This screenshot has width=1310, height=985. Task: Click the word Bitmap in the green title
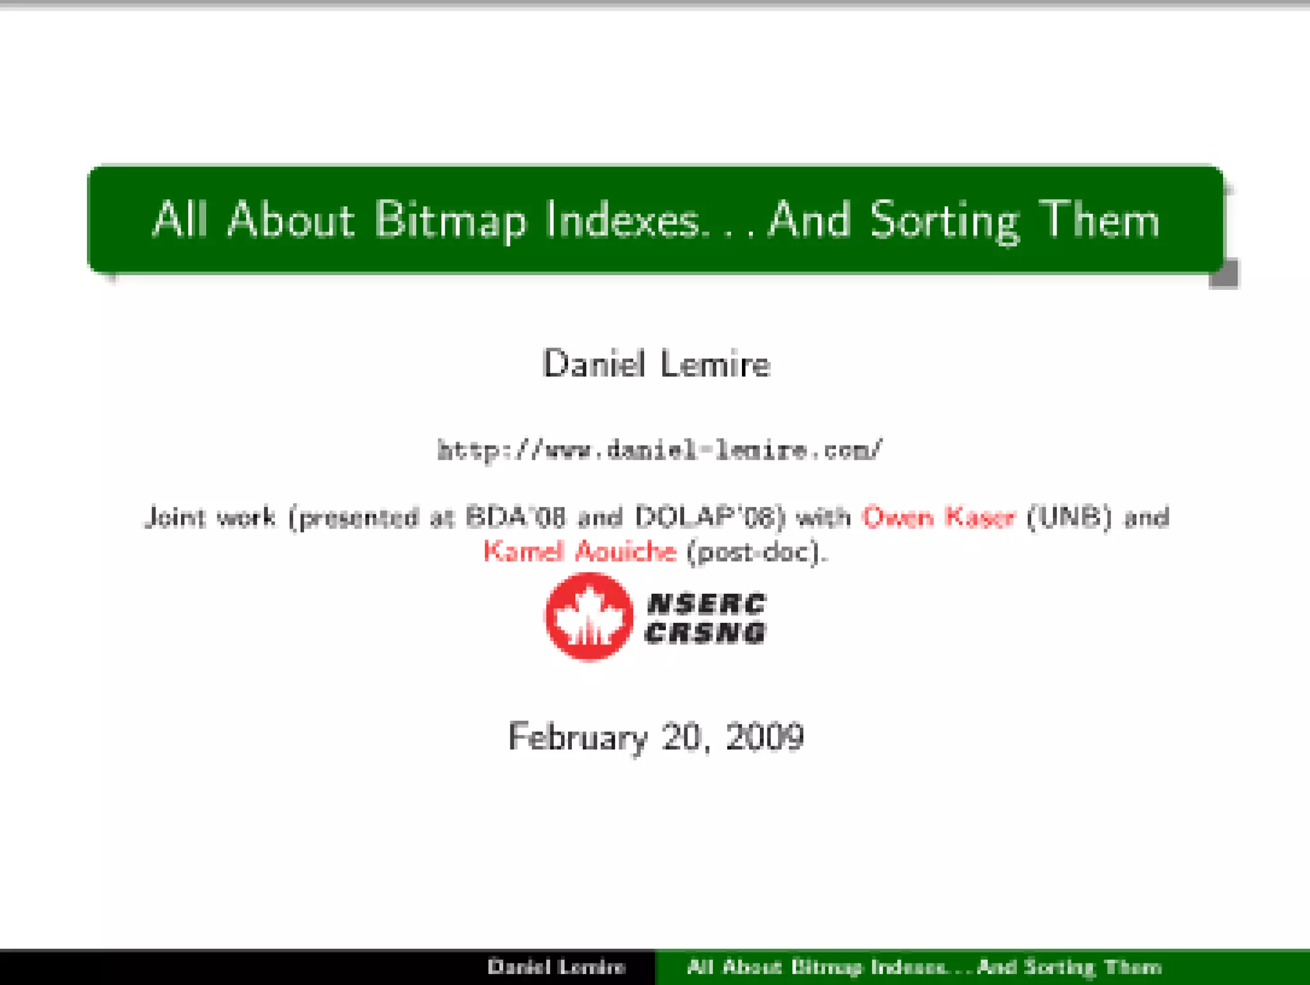pos(450,221)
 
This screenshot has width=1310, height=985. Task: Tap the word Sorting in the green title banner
pos(944,221)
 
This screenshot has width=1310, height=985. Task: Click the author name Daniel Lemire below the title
pos(656,364)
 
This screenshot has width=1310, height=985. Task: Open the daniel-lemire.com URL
pos(659,450)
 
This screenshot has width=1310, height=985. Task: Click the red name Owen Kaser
pos(938,517)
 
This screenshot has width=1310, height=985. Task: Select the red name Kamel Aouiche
pos(580,552)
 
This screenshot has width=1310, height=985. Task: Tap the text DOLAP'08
pos(709,517)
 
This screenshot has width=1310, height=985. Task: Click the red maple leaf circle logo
pos(589,616)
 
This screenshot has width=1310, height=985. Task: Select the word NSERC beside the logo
pos(706,603)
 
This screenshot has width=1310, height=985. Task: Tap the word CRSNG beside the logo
pos(705,633)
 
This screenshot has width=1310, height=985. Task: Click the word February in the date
pos(578,737)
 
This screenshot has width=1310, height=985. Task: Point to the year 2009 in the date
pos(765,736)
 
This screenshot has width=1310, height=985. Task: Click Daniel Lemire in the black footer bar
pos(556,966)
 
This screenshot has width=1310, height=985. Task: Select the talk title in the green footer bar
pos(924,966)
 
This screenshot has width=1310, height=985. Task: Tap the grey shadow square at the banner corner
pos(1224,275)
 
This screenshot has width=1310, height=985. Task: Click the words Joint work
pos(210,517)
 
